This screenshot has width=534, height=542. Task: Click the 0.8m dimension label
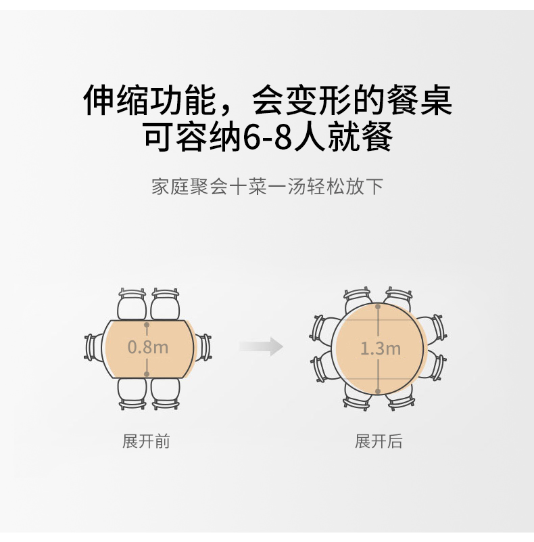click(x=148, y=348)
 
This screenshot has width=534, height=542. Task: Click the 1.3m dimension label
click(x=380, y=349)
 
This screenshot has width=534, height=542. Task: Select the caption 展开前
click(x=146, y=442)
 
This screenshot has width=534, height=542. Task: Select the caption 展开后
click(x=379, y=442)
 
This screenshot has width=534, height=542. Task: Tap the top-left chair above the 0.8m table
click(x=132, y=304)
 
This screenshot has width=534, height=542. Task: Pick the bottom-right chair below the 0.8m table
click(x=166, y=392)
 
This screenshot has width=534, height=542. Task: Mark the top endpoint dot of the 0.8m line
click(x=147, y=323)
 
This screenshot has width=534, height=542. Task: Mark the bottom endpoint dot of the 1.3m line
click(x=379, y=391)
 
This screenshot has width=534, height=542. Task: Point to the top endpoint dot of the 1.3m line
click(x=379, y=307)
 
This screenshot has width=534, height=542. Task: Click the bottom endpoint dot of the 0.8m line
click(x=147, y=373)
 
